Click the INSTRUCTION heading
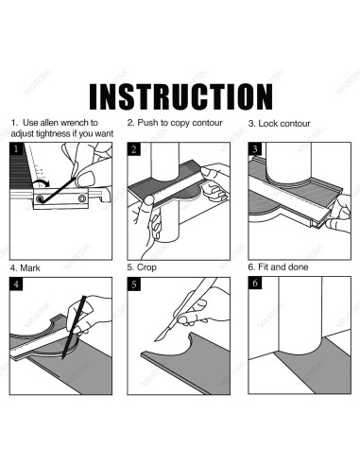click(x=180, y=96)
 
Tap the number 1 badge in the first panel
click(x=16, y=148)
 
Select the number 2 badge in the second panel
click(x=134, y=148)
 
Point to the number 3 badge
click(x=255, y=148)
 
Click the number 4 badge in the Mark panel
click(x=16, y=284)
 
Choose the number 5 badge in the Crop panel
click(x=134, y=284)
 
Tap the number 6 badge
click(x=255, y=284)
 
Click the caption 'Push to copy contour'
click(x=180, y=123)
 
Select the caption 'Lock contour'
click(x=284, y=124)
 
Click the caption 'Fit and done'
click(x=283, y=267)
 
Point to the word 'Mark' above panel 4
click(x=30, y=268)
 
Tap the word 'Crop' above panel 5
click(x=146, y=267)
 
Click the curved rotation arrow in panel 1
click(x=40, y=181)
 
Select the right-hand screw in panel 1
click(x=82, y=198)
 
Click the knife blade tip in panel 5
click(x=155, y=340)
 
